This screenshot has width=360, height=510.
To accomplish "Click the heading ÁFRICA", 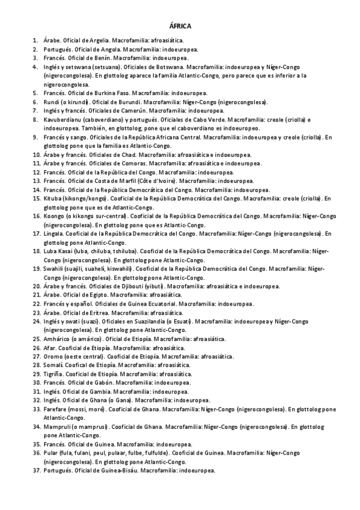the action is pos(180,26).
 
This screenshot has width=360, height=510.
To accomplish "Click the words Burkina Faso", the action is pos(112,93).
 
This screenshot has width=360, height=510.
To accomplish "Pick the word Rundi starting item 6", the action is pos(51,102).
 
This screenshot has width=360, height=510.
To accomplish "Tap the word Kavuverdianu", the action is pos(61,120).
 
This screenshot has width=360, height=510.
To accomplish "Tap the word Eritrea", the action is pos(99,313).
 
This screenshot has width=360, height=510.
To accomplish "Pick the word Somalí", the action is pos(53,365).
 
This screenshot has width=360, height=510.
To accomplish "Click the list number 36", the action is pos(35,453).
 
